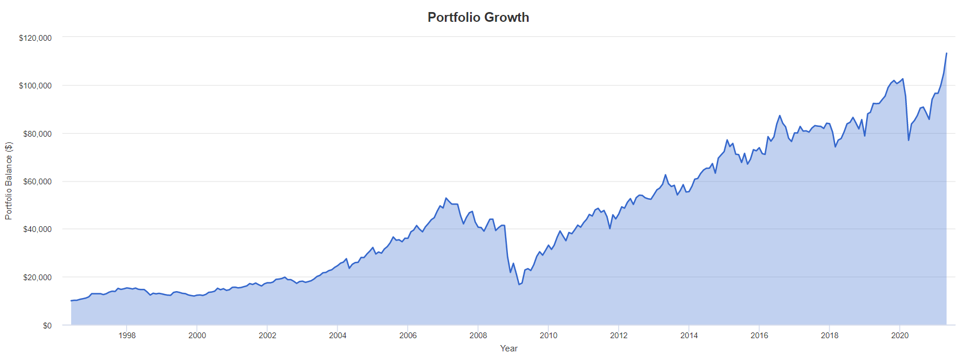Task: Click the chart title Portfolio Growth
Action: (478, 17)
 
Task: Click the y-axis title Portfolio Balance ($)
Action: (9, 180)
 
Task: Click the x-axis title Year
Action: (509, 349)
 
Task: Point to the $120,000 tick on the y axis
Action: (35, 38)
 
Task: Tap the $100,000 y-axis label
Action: (35, 86)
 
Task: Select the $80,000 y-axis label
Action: (37, 134)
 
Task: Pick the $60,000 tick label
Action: (37, 181)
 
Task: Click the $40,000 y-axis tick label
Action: (37, 229)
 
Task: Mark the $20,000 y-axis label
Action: (37, 277)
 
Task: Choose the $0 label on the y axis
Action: (47, 326)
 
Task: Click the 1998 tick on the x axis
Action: (127, 335)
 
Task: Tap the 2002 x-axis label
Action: (267, 335)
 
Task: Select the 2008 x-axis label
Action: (478, 335)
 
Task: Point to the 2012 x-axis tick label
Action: (619, 335)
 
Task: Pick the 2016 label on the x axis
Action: (759, 335)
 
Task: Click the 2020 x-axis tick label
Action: (900, 335)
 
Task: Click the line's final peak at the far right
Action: (946, 53)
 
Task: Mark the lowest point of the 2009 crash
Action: (519, 285)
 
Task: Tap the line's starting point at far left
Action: (71, 301)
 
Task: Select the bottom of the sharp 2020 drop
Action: (909, 140)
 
